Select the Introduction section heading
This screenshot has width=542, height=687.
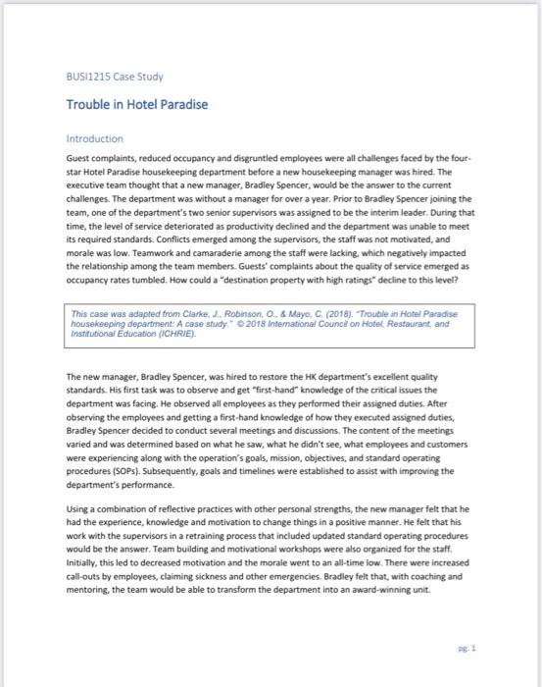94,139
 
